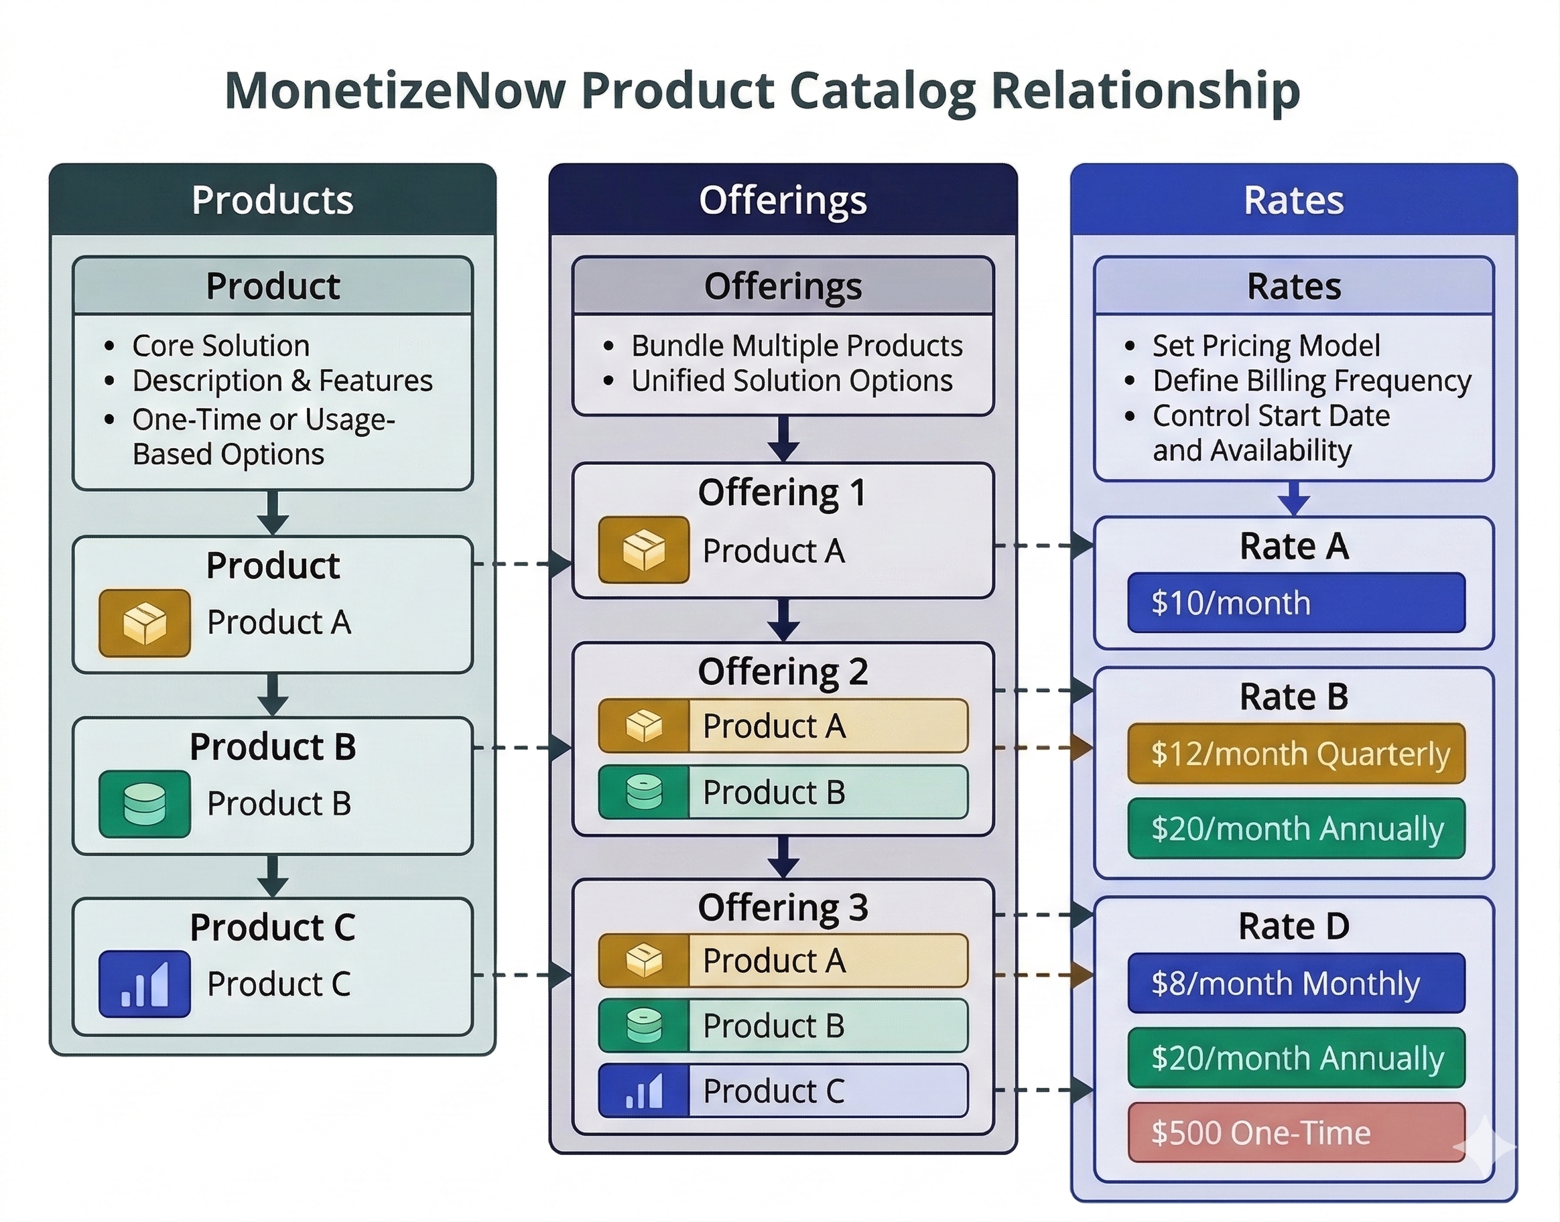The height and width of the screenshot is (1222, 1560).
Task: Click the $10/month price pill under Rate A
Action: point(1296,602)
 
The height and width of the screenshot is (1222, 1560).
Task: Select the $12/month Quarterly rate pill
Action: point(1296,754)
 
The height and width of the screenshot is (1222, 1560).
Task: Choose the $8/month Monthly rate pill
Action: point(1296,983)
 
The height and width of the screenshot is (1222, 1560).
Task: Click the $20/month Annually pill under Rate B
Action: point(1296,829)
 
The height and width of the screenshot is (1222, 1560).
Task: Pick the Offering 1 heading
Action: point(782,493)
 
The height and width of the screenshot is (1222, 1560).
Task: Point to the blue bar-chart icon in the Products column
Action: point(145,983)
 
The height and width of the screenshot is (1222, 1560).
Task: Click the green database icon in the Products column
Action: point(145,803)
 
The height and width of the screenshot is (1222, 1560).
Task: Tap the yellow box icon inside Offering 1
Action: point(643,549)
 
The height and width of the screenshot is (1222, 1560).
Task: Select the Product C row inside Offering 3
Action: point(783,1091)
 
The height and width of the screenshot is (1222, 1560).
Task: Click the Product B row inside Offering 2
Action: point(783,792)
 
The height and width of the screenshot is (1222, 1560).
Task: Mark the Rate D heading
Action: point(1294,927)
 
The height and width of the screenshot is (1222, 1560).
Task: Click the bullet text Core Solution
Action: point(220,346)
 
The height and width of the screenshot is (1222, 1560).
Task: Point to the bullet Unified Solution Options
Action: point(791,381)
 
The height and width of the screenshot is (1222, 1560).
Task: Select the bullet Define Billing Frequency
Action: point(1311,381)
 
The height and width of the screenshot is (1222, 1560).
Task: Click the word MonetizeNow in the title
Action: point(395,91)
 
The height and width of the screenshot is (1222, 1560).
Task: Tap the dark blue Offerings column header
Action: point(783,200)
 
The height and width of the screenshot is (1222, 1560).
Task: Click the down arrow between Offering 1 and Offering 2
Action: point(783,620)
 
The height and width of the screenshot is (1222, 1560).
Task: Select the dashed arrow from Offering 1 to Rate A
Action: point(1043,545)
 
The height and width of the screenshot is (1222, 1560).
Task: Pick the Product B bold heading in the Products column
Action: point(273,747)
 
